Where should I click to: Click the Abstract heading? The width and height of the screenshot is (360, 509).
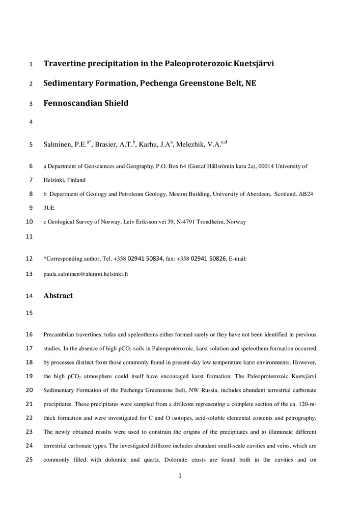58,296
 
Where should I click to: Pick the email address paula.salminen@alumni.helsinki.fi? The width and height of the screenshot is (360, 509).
86,273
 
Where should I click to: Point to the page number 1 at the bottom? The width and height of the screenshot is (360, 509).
180,476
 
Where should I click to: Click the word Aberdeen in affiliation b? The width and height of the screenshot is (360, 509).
258,194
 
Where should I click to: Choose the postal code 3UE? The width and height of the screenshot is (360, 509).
49,208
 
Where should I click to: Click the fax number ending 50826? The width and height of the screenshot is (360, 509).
208,259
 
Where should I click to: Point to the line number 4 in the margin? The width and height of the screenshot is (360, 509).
31,122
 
